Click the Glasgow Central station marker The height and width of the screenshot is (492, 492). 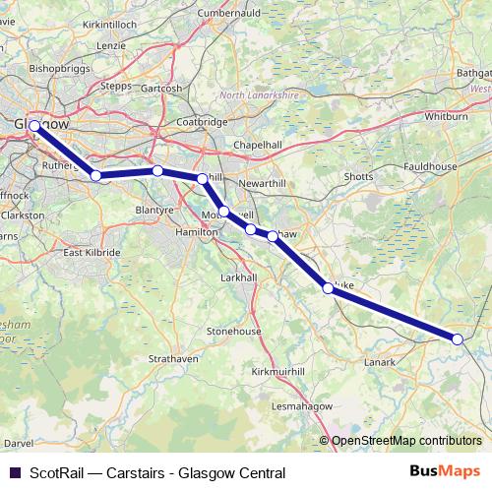[34, 126]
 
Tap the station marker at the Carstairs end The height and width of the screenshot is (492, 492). [458, 338]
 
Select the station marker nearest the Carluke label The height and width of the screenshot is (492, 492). [328, 288]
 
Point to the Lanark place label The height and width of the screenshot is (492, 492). [379, 363]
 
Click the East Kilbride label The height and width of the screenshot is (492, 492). [92, 253]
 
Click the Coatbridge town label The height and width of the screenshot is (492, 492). [201, 121]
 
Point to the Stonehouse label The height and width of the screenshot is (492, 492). [233, 332]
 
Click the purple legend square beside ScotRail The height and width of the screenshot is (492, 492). [15, 472]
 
